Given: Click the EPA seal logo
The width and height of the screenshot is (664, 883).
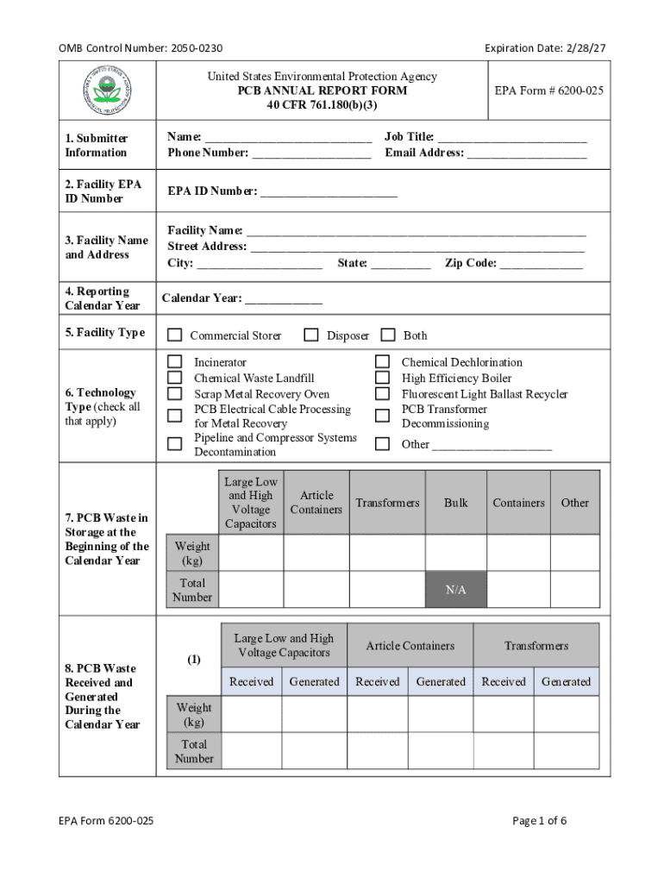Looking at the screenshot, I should (x=107, y=90).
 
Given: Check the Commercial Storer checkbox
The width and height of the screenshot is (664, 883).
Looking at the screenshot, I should (x=175, y=335).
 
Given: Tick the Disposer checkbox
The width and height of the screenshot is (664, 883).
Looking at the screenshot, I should (x=311, y=335).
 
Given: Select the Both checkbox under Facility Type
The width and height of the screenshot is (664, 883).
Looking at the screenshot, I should (x=388, y=335).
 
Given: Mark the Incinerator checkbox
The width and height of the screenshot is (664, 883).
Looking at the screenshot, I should (x=175, y=362).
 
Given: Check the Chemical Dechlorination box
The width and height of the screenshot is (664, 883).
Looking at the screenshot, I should (x=382, y=362).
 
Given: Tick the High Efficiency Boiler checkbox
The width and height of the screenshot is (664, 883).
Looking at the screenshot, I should (x=382, y=378).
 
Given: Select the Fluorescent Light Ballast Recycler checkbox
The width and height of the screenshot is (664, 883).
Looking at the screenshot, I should (x=382, y=393).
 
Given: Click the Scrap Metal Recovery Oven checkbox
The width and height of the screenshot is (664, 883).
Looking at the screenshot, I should (x=175, y=393).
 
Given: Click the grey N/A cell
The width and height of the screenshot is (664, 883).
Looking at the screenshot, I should (x=455, y=590).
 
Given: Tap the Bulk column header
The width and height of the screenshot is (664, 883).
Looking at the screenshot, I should (x=455, y=502).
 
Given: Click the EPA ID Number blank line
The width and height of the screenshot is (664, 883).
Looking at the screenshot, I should (x=329, y=192).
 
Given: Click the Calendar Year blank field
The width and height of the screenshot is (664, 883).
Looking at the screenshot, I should (x=284, y=299).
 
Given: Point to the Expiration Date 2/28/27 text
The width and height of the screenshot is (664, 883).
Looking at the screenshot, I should (x=545, y=48).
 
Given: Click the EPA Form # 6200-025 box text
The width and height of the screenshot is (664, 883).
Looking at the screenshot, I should (x=548, y=91).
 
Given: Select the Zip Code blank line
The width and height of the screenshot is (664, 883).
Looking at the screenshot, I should (x=541, y=264).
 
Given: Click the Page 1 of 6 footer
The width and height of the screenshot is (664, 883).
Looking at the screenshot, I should (x=539, y=821).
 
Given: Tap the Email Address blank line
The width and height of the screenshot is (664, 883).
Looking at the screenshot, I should (x=527, y=153).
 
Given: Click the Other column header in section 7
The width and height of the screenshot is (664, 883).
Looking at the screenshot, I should (x=574, y=502).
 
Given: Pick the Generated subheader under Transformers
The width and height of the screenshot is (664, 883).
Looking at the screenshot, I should (x=566, y=681).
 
